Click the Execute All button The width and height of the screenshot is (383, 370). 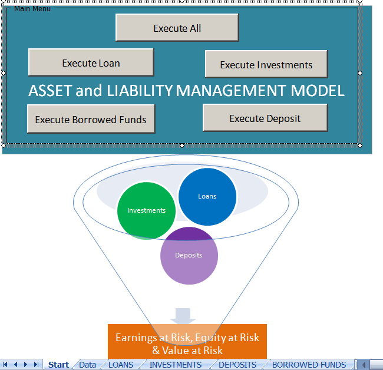click(177, 28)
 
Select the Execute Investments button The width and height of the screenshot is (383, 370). click(266, 64)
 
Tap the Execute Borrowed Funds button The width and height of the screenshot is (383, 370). click(91, 119)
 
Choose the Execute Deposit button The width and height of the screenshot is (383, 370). click(265, 118)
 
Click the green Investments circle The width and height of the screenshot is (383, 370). click(146, 210)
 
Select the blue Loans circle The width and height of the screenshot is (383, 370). click(207, 197)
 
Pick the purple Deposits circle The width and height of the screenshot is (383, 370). click(189, 256)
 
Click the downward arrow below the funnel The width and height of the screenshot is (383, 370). click(183, 315)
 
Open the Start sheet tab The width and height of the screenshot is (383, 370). click(58, 365)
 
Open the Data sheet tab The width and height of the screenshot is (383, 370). click(87, 365)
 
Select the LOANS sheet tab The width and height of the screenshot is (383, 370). click(121, 365)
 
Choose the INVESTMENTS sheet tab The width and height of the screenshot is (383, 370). click(175, 365)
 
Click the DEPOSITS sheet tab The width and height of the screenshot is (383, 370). click(237, 365)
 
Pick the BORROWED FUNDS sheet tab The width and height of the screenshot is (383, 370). click(308, 365)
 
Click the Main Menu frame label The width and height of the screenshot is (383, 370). click(32, 9)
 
